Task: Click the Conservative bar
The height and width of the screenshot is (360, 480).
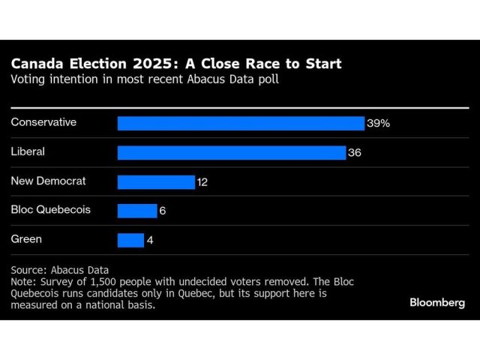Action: point(241,123)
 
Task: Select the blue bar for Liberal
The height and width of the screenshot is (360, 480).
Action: point(232,152)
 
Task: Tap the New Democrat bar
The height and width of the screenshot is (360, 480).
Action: point(156,181)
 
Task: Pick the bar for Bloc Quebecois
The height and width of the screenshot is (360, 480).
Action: point(137,211)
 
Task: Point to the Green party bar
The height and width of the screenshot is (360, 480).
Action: point(130,240)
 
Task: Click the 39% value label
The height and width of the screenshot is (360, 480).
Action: point(378,123)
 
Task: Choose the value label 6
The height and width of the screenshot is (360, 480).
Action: point(163,211)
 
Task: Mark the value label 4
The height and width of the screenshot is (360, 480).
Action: point(150,240)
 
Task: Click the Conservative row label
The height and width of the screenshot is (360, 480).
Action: point(43,121)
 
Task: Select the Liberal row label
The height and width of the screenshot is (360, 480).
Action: point(28,151)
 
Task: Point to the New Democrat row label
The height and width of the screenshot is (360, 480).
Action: point(48,180)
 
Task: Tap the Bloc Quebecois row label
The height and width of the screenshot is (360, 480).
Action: point(50,209)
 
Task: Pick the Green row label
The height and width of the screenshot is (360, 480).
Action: point(26,238)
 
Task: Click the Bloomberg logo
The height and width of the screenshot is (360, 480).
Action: point(437,302)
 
